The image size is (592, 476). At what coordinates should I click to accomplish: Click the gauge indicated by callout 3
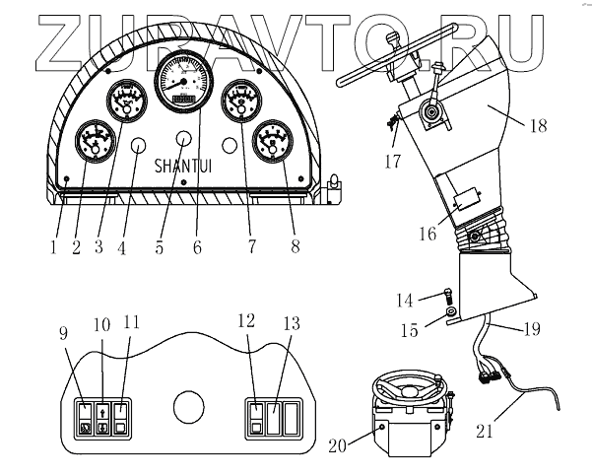pyautogui.click(x=126, y=103)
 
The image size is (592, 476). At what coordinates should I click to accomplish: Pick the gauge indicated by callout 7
pyautogui.click(x=241, y=102)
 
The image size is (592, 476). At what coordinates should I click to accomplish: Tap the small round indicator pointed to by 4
pyautogui.click(x=139, y=147)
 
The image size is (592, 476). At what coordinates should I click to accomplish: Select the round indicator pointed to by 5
pyautogui.click(x=184, y=137)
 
